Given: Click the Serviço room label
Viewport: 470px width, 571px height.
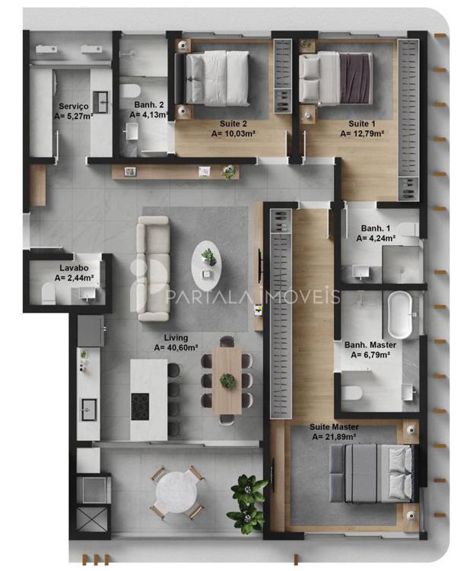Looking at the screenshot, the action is coord(74,107).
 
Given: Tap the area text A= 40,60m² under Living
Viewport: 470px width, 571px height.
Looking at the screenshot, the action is coord(176,348).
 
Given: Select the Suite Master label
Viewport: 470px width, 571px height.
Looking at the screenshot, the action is coord(334,427).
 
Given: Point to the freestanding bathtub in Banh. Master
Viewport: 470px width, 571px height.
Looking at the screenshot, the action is coord(400,314).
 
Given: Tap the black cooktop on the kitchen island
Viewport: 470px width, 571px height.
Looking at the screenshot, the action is coord(140,407).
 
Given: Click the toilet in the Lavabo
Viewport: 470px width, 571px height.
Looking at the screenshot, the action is coord(48,294).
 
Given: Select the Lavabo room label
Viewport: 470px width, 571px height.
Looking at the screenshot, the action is coord(74,268).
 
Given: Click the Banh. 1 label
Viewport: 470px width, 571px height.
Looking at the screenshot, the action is coord(376,228).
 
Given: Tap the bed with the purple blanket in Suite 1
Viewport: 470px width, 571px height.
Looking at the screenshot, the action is coord(335,78).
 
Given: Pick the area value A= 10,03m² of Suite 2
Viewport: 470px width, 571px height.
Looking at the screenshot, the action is coord(233,134).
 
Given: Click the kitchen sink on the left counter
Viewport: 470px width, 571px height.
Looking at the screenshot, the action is coord(89,410).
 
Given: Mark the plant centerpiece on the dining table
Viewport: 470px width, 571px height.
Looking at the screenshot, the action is coord(227,381).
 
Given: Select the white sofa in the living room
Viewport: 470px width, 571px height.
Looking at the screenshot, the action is coord(153,269).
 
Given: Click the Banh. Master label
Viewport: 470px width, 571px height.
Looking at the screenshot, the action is coord(370,345).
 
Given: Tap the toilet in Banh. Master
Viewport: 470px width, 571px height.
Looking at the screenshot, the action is coord(352,394).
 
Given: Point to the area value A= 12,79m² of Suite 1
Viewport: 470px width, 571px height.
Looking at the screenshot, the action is coord(362,134).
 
